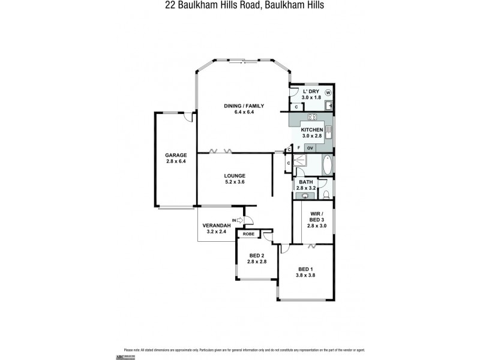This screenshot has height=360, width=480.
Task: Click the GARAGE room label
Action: point(176,154)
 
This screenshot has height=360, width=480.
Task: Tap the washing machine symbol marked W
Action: point(328,92)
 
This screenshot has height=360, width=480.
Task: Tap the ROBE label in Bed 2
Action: point(248,234)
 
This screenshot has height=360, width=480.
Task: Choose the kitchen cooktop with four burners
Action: point(312,116)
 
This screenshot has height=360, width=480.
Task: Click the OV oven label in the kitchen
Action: point(310,148)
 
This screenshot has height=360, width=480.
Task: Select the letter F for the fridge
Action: point(298,148)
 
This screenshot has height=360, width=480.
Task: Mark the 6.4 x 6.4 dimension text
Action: point(244,112)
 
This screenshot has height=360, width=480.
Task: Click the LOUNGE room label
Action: point(235,175)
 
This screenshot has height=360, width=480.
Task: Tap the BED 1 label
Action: point(305,269)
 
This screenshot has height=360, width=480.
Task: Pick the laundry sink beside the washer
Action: point(329,106)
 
